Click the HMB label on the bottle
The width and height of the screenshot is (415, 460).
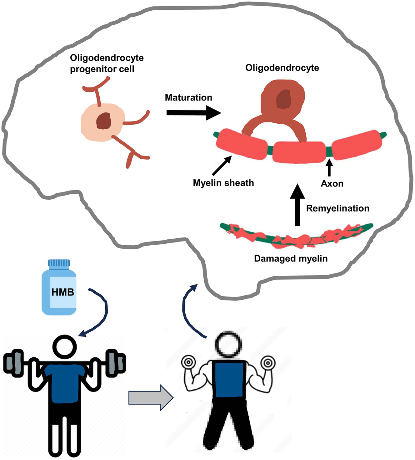pyautogui.click(x=63, y=292)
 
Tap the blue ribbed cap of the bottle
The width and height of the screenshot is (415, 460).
pyautogui.click(x=59, y=263)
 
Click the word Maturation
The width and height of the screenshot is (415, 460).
pyautogui.click(x=188, y=98)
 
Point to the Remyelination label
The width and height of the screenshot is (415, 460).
pyautogui.click(x=337, y=208)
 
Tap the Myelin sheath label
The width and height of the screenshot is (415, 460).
pyautogui.click(x=223, y=183)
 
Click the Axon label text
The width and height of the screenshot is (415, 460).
pyautogui.click(x=332, y=184)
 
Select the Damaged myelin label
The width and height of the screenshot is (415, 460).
pyautogui.click(x=291, y=259)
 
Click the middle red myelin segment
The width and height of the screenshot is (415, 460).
pyautogui.click(x=299, y=152)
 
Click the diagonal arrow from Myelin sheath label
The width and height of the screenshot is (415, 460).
pyautogui.click(x=222, y=166)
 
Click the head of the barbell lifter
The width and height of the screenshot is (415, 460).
pyautogui.click(x=65, y=347)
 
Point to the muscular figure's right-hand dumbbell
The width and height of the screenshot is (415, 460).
pyautogui.click(x=268, y=363)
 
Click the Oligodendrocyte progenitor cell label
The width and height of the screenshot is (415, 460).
pyautogui.click(x=107, y=64)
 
